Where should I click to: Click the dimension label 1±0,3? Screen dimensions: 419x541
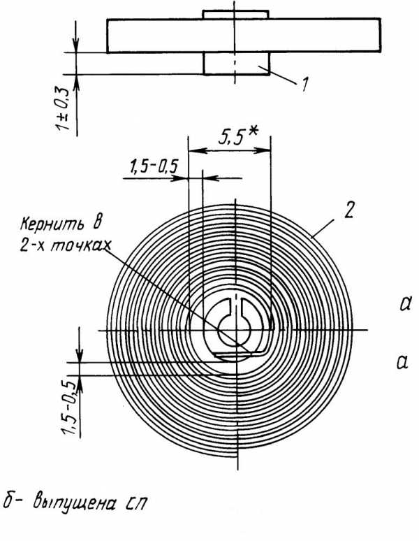click(x=62, y=108)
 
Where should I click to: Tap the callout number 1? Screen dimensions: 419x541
click(x=304, y=84)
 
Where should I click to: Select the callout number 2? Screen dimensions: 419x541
click(x=348, y=210)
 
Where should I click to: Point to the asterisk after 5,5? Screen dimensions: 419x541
click(x=253, y=134)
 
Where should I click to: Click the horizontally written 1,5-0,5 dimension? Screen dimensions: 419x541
click(x=154, y=166)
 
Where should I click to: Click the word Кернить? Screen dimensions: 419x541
click(x=52, y=224)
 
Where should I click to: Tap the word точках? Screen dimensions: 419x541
click(x=80, y=245)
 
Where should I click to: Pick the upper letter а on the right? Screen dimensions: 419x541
click(x=405, y=305)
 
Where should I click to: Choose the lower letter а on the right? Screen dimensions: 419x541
click(x=402, y=362)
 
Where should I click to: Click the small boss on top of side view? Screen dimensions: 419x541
click(x=236, y=15)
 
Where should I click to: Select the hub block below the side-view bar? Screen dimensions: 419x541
click(x=236, y=64)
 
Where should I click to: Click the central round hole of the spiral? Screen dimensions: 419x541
click(x=234, y=330)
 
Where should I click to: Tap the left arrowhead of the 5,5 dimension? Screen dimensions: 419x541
click(x=195, y=150)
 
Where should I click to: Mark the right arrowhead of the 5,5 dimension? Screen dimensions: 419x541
click(x=264, y=150)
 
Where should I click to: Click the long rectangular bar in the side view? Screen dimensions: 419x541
click(x=244, y=36)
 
